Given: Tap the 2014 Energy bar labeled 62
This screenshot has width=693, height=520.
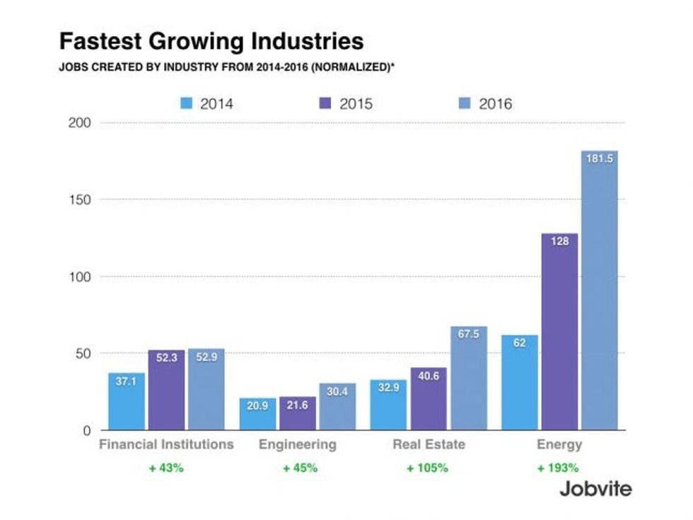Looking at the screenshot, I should point(520,382).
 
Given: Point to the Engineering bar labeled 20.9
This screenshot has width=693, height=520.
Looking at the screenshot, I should point(257,413).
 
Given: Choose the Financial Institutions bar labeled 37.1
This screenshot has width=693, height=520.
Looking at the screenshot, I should point(126,401).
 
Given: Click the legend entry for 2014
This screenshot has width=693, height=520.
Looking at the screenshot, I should point(206,104).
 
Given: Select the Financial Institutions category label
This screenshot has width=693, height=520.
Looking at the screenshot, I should point(166,445).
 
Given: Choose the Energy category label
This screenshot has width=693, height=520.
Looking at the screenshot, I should point(559,445).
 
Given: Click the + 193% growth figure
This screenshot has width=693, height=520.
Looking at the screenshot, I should point(559,468).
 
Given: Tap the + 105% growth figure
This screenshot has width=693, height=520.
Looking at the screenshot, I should point(428,468).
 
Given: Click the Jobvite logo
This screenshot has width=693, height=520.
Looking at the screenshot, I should point(595,488).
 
